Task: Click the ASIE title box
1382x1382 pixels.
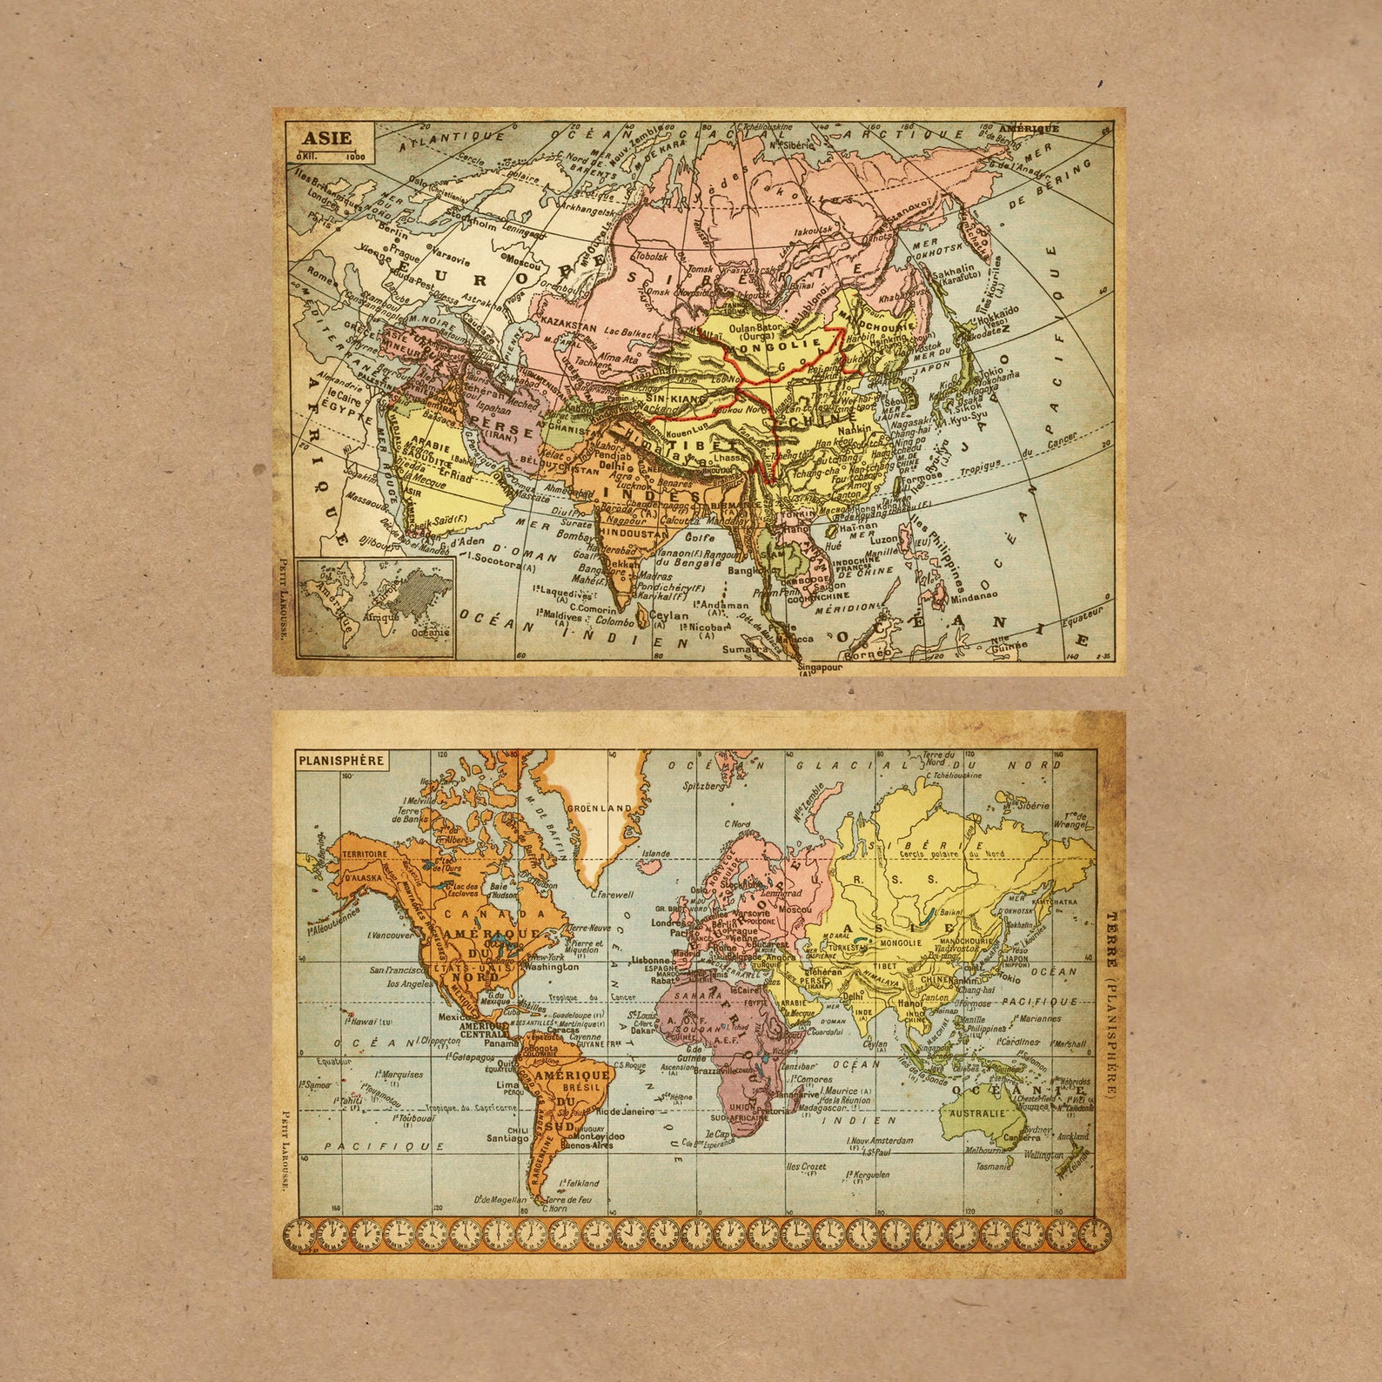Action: pos(328,138)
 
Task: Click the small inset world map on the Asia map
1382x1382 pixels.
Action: pos(375,607)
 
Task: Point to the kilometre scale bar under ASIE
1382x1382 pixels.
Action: pos(330,157)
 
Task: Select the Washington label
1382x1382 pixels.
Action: pos(553,966)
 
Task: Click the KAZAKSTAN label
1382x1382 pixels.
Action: pos(568,326)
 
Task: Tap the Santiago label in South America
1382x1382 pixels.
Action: pos(507,1137)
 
